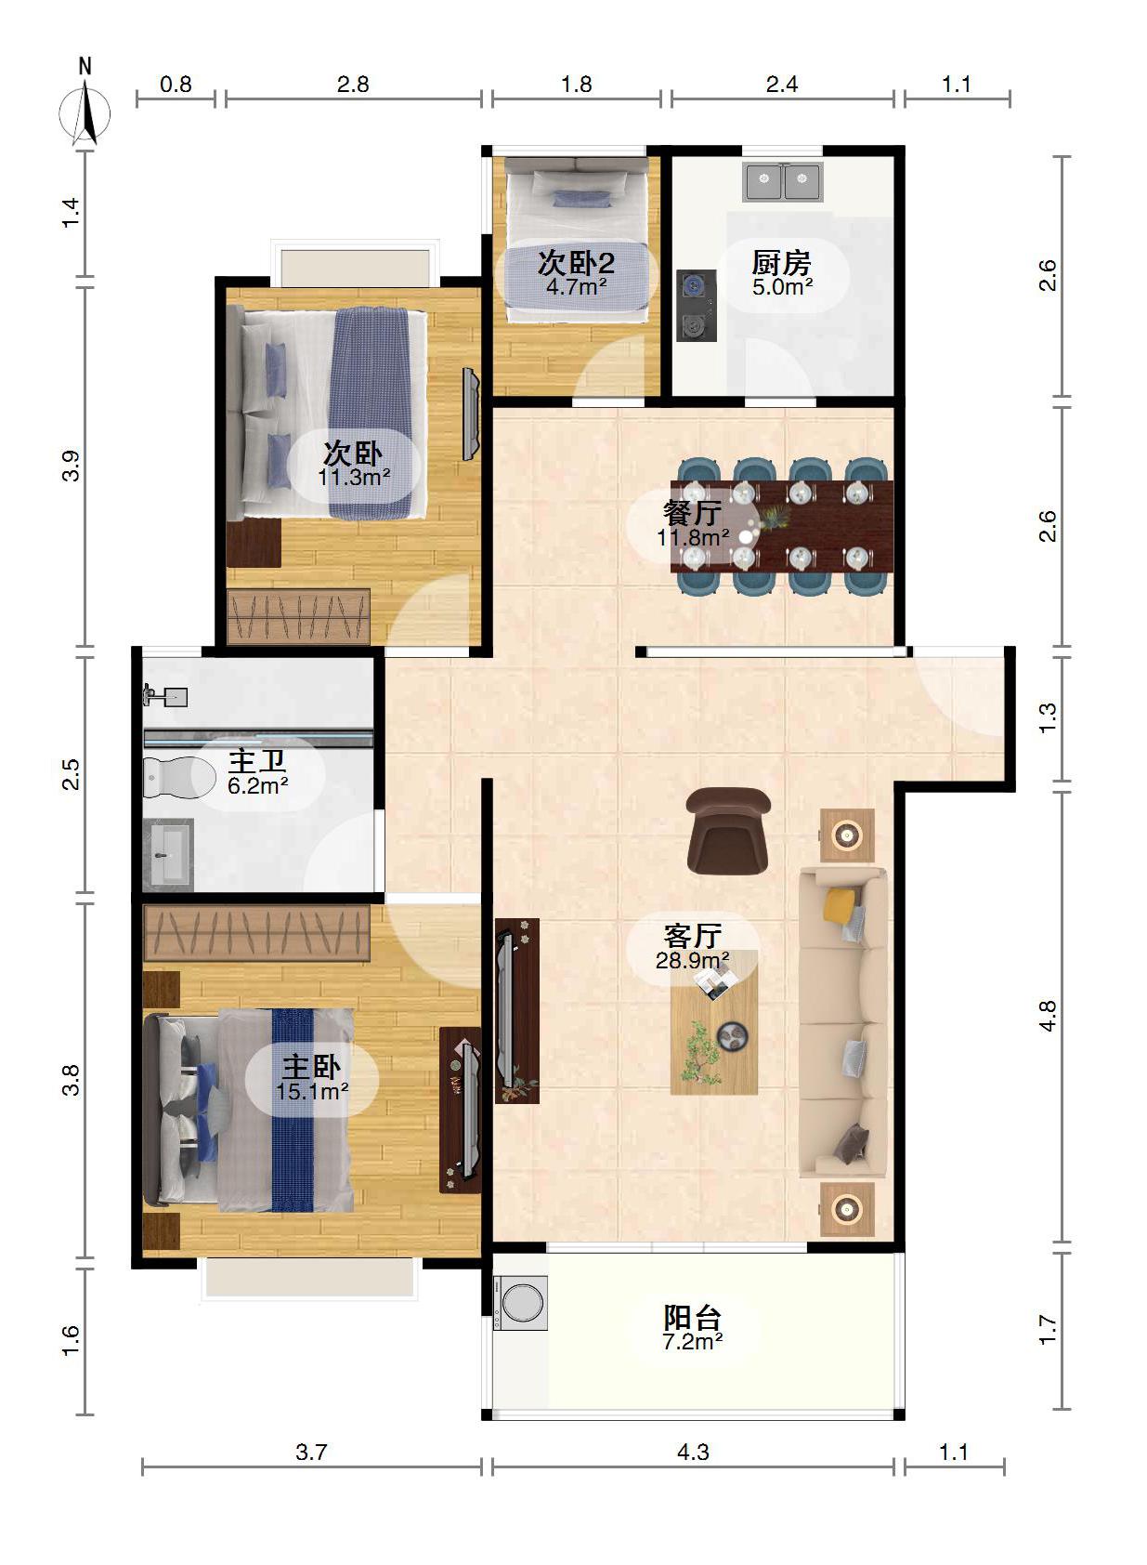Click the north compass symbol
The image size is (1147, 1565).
click(85, 112)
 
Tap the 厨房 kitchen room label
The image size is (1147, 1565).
click(781, 263)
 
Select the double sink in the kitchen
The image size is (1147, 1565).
click(783, 182)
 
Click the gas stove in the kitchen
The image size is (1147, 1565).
click(696, 306)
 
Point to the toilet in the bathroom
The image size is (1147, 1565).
click(179, 777)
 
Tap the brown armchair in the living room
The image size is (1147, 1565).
click(728, 831)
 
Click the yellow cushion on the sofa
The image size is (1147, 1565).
click(840, 905)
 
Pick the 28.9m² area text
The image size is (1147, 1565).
click(693, 960)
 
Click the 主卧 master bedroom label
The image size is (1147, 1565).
click(311, 1067)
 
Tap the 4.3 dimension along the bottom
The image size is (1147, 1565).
click(693, 1453)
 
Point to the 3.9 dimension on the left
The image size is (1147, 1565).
click(71, 466)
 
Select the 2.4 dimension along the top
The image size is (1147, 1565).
click(782, 85)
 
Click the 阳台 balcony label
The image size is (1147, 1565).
click(692, 1318)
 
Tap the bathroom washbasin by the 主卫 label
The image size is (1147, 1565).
click(168, 854)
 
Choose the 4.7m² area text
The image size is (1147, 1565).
click(576, 286)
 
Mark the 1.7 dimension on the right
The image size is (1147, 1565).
click(1048, 1330)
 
